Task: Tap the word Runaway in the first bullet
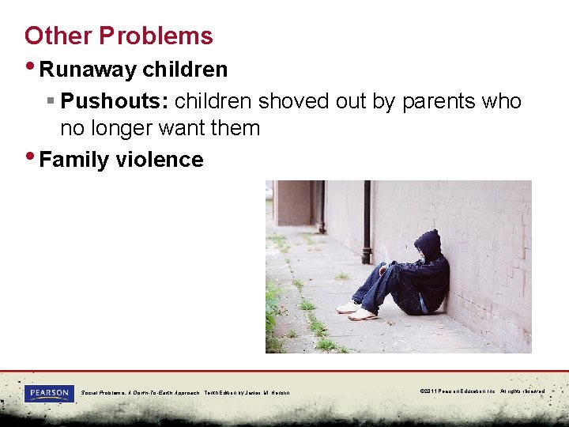click(x=88, y=70)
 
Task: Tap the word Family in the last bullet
click(x=74, y=160)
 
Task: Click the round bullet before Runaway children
click(x=30, y=66)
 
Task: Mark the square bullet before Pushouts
click(x=49, y=102)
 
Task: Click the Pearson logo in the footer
click(x=49, y=393)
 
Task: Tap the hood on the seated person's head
click(x=428, y=244)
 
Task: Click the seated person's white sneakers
click(x=356, y=310)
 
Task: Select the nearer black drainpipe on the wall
click(x=367, y=222)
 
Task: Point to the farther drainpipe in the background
click(x=322, y=206)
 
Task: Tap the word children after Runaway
click(x=185, y=70)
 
